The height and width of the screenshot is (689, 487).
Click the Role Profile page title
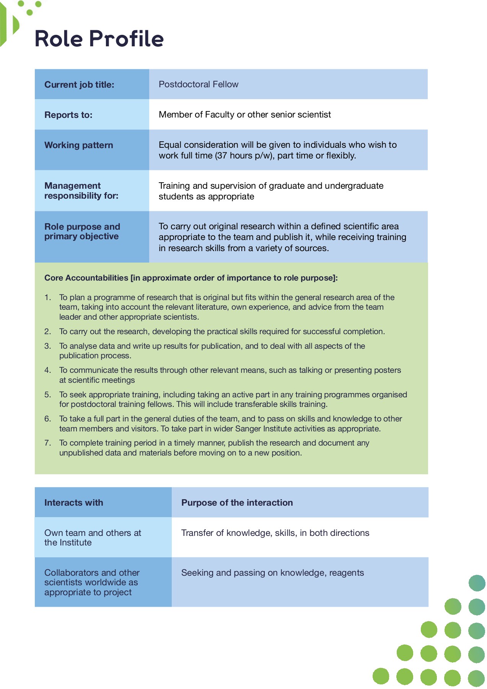99,39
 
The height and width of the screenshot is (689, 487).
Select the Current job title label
79,85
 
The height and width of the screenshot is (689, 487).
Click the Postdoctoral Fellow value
198,84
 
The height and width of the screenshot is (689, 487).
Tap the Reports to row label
68,115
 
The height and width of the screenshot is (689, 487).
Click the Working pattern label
78,145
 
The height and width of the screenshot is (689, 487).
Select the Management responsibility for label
81,191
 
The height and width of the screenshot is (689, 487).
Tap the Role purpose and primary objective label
82,232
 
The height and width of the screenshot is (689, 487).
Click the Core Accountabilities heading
191,278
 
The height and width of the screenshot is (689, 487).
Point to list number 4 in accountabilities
47,370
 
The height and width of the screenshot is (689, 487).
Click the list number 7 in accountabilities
47,443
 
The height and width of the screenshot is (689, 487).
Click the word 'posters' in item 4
386,370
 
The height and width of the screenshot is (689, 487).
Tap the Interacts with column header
73,503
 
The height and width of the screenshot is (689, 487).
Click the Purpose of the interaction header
237,503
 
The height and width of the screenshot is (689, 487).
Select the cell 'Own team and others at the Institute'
93,537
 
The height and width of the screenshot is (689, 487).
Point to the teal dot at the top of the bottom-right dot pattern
477,583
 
